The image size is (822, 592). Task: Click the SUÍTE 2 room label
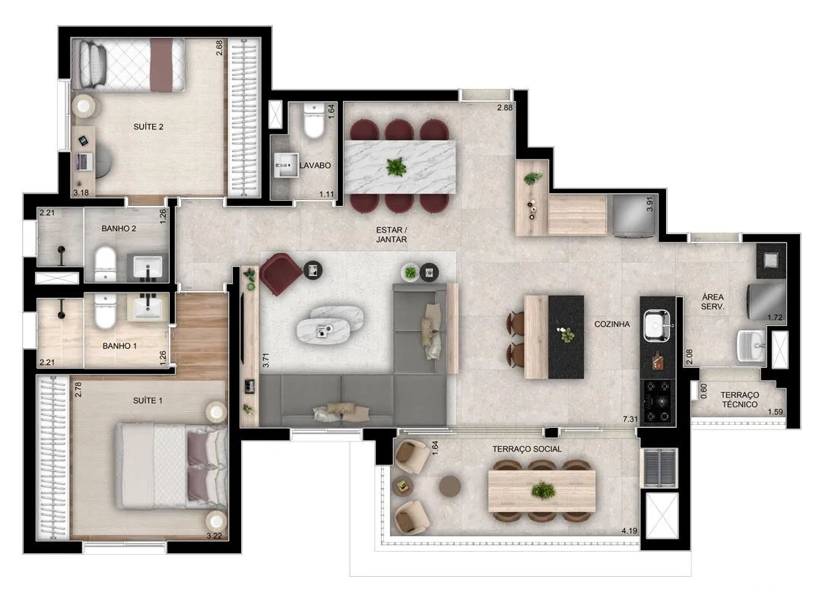tap(148, 127)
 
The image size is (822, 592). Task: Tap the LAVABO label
tap(315, 166)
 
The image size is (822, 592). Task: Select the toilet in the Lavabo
tap(315, 121)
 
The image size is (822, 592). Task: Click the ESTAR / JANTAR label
tap(392, 235)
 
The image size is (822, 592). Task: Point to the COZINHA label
tap(612, 324)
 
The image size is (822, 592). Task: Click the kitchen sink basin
tap(656, 324)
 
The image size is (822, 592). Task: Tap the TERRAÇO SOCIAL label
tap(527, 449)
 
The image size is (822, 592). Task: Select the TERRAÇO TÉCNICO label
tap(739, 400)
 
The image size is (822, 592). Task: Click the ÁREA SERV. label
tap(713, 302)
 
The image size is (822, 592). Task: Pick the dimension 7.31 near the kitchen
tap(630, 419)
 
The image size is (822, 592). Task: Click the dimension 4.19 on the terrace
tap(629, 530)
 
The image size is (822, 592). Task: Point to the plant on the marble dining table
tap(396, 167)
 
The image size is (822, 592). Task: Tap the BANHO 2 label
tap(119, 229)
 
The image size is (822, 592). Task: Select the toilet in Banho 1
tap(106, 310)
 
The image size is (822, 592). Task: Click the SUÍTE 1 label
tap(148, 400)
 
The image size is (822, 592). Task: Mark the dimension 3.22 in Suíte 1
tap(214, 536)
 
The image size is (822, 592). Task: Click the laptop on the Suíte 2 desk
tap(82, 161)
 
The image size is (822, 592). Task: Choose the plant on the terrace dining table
tap(543, 491)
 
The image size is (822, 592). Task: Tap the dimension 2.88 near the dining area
tap(505, 107)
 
